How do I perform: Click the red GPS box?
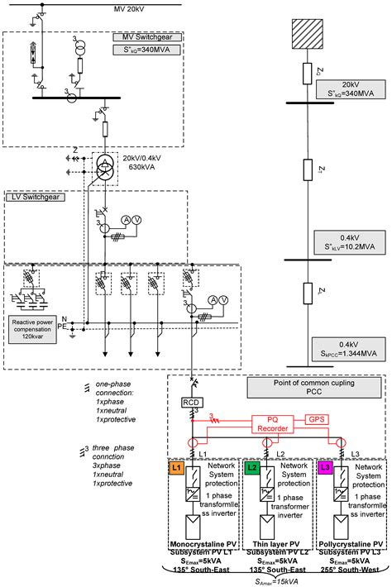pos(317,419)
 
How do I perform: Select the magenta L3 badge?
pos(324,469)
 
